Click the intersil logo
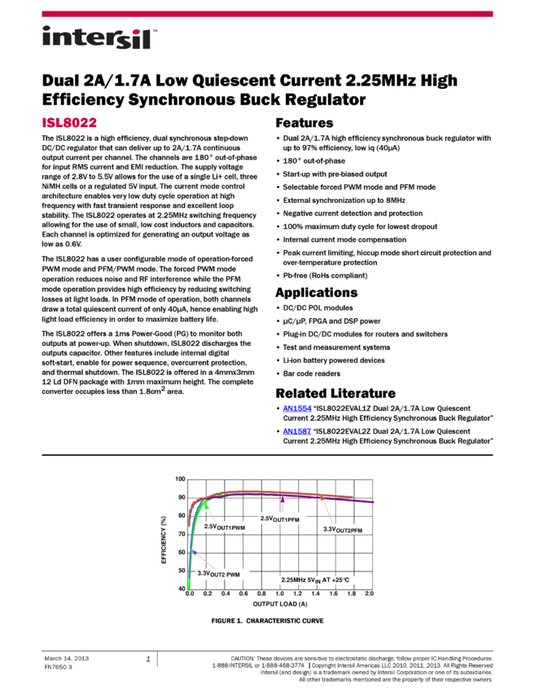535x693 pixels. [x=99, y=38]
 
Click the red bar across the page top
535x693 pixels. [x=267, y=14]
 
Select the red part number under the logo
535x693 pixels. [x=69, y=123]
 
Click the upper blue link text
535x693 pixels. [x=296, y=408]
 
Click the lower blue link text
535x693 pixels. [x=296, y=431]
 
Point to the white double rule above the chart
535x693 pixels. [x=267, y=455]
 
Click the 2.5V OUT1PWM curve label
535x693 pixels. [x=229, y=527]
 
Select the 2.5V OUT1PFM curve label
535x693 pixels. [x=283, y=519]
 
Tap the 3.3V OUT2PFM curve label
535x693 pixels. [x=345, y=529]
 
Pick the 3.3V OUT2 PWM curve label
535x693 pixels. [x=221, y=574]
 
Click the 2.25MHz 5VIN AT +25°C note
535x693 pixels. [x=322, y=580]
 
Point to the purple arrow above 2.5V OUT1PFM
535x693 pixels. [x=283, y=503]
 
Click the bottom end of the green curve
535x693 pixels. [x=190, y=588]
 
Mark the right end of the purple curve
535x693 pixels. [x=374, y=501]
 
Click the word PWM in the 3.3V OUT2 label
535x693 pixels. [x=233, y=575]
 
